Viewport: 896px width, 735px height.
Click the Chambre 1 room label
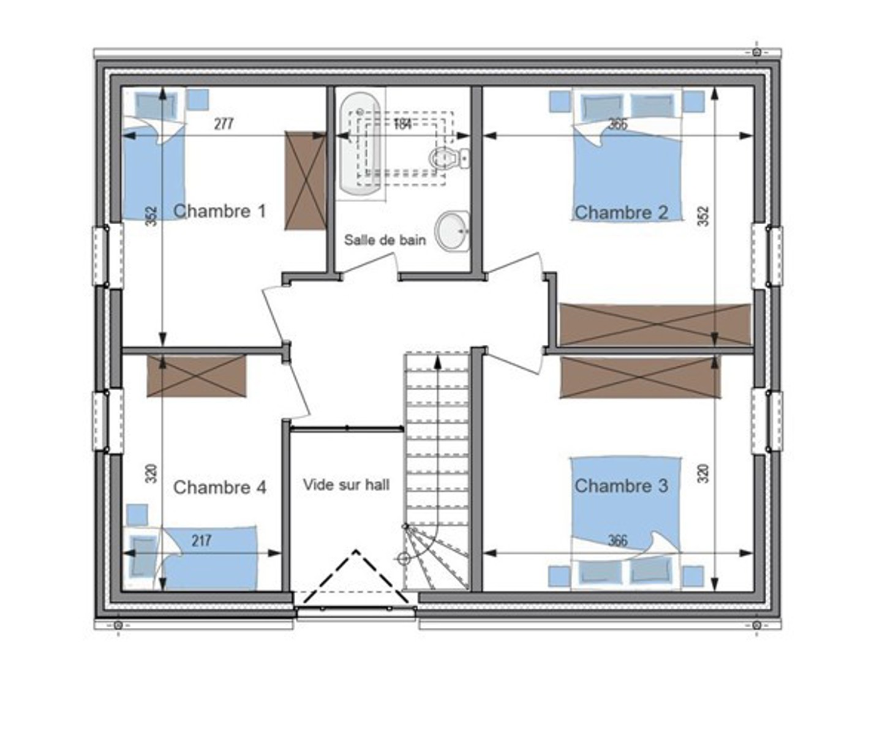pyautogui.click(x=220, y=211)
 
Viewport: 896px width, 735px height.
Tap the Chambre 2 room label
pyautogui.click(x=620, y=213)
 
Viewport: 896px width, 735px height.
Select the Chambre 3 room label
pyautogui.click(x=621, y=486)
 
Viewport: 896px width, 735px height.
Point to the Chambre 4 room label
pyautogui.click(x=220, y=488)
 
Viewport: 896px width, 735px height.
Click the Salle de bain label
pyautogui.click(x=385, y=240)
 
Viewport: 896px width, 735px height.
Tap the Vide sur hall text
pyautogui.click(x=346, y=485)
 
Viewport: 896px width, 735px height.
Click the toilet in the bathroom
pyautogui.click(x=448, y=158)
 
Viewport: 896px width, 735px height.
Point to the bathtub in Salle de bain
pyautogui.click(x=360, y=144)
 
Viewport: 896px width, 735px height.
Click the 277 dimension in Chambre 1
pyautogui.click(x=224, y=124)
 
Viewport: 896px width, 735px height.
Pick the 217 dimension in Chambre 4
pyautogui.click(x=201, y=541)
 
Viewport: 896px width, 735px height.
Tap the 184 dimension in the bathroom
pyautogui.click(x=402, y=125)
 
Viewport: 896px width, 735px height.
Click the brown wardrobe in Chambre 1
pyautogui.click(x=305, y=181)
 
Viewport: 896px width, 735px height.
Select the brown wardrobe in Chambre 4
pyautogui.click(x=197, y=375)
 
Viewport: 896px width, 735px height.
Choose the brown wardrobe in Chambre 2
pyautogui.click(x=655, y=324)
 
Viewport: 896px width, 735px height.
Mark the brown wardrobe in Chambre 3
pyautogui.click(x=640, y=377)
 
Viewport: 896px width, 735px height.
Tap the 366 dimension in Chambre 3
pyautogui.click(x=618, y=541)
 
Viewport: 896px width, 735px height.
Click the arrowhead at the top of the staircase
pyautogui.click(x=437, y=362)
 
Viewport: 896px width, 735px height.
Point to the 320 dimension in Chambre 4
pyautogui.click(x=152, y=473)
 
